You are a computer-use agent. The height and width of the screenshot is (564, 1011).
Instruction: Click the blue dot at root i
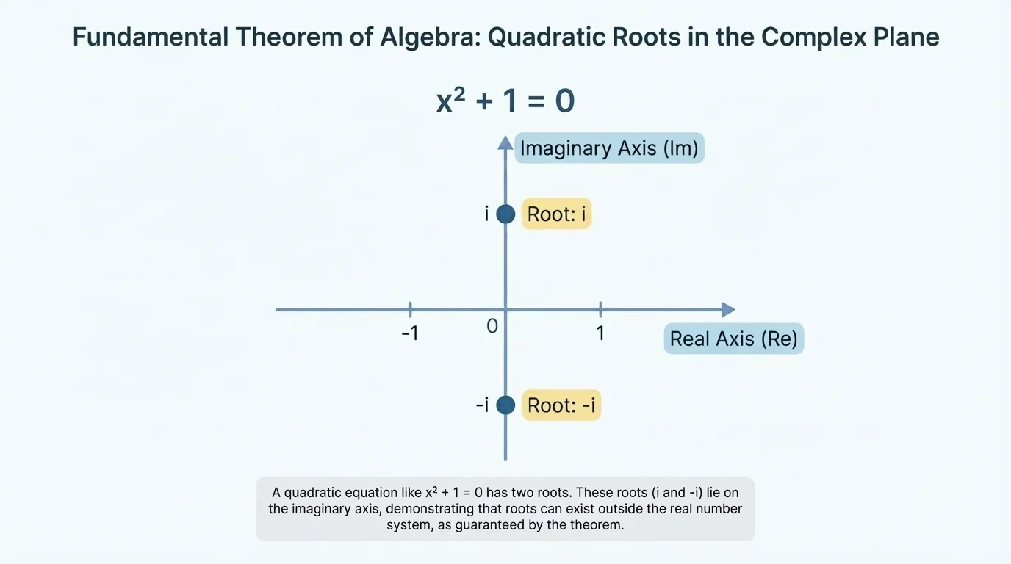click(x=505, y=214)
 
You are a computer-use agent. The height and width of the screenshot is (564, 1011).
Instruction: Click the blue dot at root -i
click(x=505, y=405)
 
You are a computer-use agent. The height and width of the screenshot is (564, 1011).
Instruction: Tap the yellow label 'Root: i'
click(x=556, y=214)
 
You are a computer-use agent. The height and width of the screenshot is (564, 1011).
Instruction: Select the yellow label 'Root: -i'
click(x=561, y=405)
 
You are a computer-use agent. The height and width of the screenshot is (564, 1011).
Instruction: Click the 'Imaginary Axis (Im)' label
click(x=609, y=148)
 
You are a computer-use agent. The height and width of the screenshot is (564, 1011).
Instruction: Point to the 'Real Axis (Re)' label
click(x=733, y=339)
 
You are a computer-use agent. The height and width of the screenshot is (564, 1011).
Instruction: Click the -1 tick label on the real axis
click(x=409, y=333)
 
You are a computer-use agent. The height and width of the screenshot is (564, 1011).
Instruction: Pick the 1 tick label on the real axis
click(x=600, y=333)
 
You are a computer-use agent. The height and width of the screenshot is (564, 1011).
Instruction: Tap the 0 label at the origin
click(x=492, y=326)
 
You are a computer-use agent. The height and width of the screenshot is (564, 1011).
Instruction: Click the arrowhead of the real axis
click(x=727, y=310)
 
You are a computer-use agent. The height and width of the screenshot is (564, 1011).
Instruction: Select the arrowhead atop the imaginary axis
click(x=505, y=142)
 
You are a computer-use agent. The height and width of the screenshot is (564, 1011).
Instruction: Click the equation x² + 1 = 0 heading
click(x=505, y=101)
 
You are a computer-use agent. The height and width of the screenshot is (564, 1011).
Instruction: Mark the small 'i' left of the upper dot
click(x=486, y=214)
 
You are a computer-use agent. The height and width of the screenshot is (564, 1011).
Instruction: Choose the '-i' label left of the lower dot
click(x=482, y=405)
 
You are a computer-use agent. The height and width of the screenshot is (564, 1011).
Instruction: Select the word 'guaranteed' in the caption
click(x=511, y=525)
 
